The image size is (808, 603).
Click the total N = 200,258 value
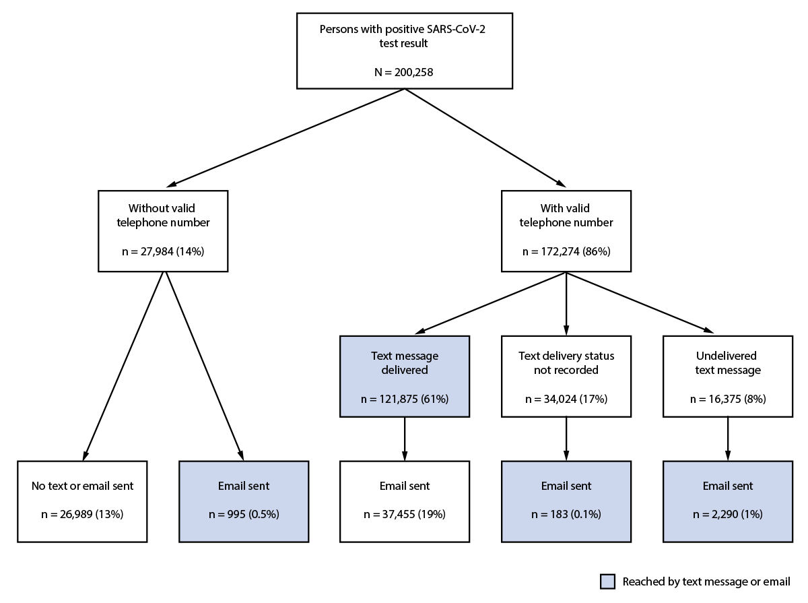click(404, 71)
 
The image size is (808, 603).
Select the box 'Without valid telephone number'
click(163, 230)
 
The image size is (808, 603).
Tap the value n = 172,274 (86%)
click(566, 251)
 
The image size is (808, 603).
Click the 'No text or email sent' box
click(81, 501)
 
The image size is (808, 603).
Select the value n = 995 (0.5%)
click(243, 515)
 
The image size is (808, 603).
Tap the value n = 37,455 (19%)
click(404, 515)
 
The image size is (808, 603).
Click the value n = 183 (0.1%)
click(566, 515)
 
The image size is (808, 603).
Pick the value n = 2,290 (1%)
click(727, 515)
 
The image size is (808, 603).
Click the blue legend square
click(607, 582)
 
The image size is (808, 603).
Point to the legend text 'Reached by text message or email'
click(706, 582)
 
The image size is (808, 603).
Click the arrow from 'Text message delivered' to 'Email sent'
click(404, 439)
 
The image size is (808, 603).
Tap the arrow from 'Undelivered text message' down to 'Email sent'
click(727, 439)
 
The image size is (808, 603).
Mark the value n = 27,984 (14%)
click(163, 251)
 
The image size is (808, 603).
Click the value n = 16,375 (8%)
click(727, 399)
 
